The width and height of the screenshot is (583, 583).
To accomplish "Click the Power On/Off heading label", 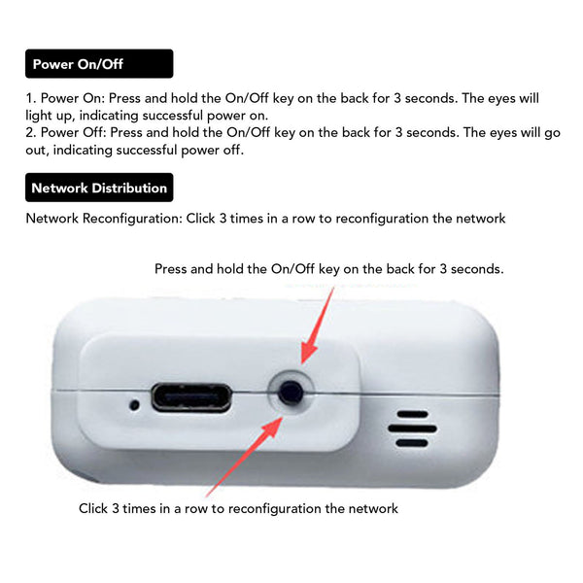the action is pyautogui.click(x=99, y=63).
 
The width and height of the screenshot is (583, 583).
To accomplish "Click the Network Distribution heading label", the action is pyautogui.click(x=99, y=188).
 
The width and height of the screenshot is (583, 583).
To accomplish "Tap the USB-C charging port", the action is pyautogui.click(x=191, y=397).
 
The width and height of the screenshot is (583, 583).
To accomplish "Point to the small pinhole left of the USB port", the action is pyautogui.click(x=135, y=404).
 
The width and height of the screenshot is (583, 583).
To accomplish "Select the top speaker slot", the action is pyautogui.click(x=413, y=414).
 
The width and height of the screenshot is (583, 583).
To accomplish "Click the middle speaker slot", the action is pyautogui.click(x=412, y=429).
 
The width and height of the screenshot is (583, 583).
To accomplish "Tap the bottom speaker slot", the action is pyautogui.click(x=412, y=443).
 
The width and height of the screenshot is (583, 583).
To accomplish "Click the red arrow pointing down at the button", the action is pyautogui.click(x=316, y=326).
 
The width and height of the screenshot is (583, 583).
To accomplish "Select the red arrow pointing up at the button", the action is pyautogui.click(x=244, y=457).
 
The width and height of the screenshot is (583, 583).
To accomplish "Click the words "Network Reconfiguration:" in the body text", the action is pyautogui.click(x=104, y=219).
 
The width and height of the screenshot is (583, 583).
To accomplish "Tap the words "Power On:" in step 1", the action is pyautogui.click(x=73, y=98).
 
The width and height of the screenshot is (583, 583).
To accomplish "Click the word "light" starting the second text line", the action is pyautogui.click(x=39, y=116).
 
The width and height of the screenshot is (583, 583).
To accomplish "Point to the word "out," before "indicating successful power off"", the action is pyautogui.click(x=37, y=151).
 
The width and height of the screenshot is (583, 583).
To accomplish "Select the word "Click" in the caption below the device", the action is pyautogui.click(x=93, y=508).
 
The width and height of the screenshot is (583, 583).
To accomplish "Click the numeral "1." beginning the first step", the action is pyautogui.click(x=30, y=98).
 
